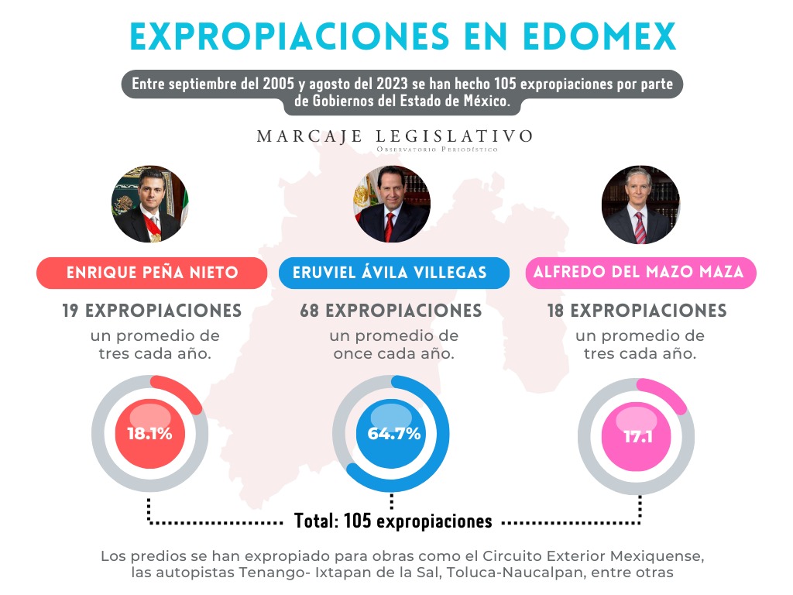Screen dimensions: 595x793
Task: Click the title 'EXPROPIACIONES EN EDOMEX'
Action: (x=403, y=36)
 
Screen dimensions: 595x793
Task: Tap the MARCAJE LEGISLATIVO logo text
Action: (x=395, y=137)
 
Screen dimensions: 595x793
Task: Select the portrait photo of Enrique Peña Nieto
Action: (x=150, y=204)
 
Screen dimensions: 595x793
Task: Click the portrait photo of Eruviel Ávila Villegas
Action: (x=392, y=204)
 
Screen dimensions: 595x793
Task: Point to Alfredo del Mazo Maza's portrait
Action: (x=640, y=204)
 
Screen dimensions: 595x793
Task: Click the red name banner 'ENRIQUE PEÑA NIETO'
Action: (x=152, y=273)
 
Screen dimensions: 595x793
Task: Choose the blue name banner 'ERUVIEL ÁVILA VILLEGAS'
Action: (x=394, y=273)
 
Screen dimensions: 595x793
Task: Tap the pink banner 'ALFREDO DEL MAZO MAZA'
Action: (x=640, y=273)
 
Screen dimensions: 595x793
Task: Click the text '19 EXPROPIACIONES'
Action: (x=152, y=311)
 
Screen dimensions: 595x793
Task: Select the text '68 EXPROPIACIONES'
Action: (x=391, y=311)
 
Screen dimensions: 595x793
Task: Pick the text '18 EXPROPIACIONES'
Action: (x=640, y=311)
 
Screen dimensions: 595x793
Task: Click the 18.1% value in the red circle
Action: (x=149, y=434)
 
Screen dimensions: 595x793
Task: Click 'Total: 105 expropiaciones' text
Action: (x=393, y=521)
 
